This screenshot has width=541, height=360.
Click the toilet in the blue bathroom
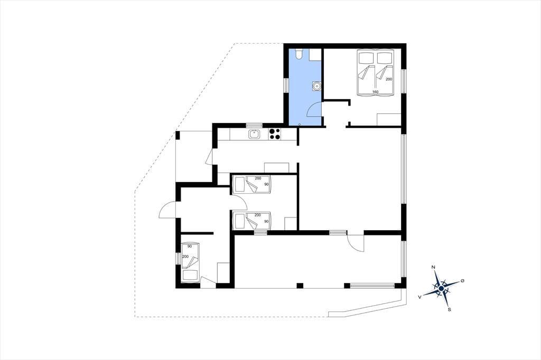point(299,54)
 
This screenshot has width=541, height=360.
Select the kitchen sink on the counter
point(254,134)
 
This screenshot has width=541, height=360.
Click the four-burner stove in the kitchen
point(274,134)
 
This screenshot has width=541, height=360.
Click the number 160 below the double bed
point(376,92)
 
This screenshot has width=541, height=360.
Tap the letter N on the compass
point(433,267)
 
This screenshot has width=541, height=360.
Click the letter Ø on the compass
point(462,281)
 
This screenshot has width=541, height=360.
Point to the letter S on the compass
point(449,310)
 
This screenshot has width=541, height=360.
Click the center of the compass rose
point(441,288)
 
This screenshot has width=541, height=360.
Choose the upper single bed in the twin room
point(251,184)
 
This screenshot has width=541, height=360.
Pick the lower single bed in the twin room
point(251,221)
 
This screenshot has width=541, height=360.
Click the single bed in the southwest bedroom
point(190,262)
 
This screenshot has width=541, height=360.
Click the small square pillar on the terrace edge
point(300,286)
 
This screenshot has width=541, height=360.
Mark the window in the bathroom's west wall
point(286,85)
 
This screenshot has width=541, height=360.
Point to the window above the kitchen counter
point(255,125)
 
